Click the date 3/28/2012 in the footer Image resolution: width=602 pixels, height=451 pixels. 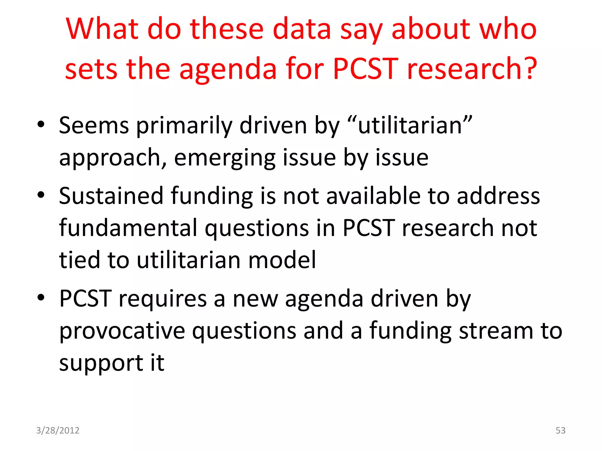[58, 430]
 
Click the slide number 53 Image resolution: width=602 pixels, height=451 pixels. [560, 430]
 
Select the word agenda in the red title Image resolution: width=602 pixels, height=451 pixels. [228, 70]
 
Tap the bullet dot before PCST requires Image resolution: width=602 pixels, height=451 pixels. [41, 297]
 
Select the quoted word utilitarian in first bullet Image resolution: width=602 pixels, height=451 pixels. [410, 126]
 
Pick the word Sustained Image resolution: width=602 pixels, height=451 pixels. [111, 196]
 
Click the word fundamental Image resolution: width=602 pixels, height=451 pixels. [128, 228]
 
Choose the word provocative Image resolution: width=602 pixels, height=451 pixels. [122, 331]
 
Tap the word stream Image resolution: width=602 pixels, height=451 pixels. [496, 331]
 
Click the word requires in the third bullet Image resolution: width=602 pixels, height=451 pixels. [163, 299]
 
